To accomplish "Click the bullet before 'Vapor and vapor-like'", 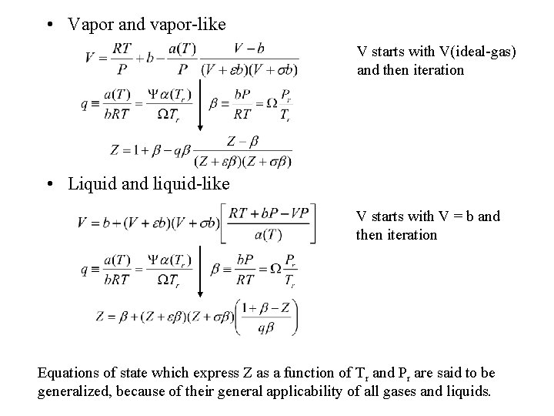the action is (49, 25).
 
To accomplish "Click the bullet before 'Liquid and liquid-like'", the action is (49, 185).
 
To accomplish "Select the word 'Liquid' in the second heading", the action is (90, 185).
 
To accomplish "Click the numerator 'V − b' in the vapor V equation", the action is (249, 47).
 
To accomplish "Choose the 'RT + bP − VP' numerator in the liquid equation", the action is (269, 213).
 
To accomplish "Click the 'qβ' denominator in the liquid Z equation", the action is (266, 327).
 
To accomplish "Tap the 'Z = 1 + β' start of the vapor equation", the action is (131, 150).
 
